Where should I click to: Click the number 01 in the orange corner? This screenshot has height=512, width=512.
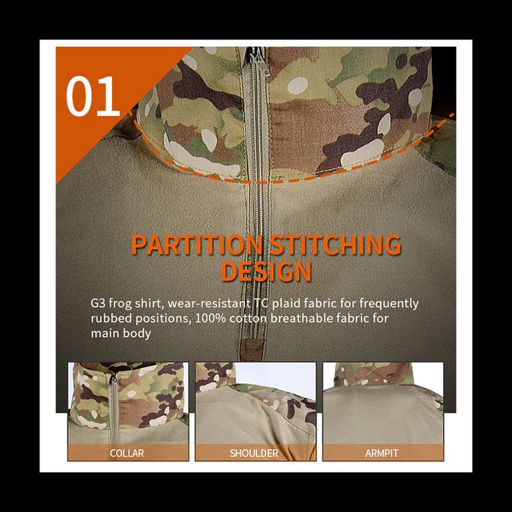pos(93,97)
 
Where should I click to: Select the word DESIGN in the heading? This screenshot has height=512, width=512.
pos(266,272)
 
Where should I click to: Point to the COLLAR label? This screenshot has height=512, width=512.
pos(127,453)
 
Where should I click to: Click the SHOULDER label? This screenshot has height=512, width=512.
pos(254,453)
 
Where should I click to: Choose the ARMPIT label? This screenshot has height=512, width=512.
pos(382,453)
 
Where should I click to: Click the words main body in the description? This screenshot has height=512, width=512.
pos(121,333)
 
